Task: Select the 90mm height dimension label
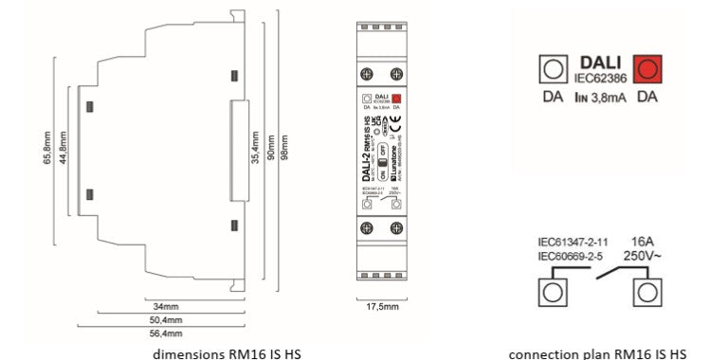tap(271, 146)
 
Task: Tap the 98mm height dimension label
tap(289, 146)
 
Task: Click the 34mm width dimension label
tap(165, 307)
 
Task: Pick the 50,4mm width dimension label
tap(165, 320)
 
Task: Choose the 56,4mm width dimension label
tap(165, 333)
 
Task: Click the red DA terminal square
tap(647, 69)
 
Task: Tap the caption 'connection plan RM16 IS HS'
tap(598, 352)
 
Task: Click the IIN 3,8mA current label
tap(599, 97)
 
